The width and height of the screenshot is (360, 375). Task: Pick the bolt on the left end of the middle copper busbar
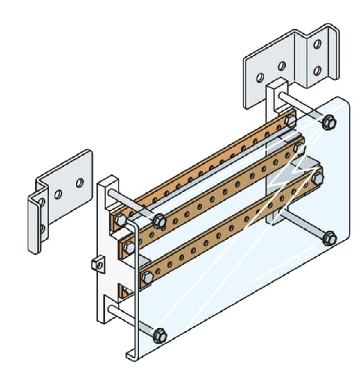click(x=129, y=247)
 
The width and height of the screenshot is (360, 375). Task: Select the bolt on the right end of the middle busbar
click(x=299, y=147)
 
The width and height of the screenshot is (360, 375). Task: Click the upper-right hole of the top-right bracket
click(x=317, y=44)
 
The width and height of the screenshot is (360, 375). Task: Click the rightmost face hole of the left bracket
click(x=80, y=183)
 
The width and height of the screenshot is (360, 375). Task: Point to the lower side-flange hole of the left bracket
click(x=42, y=230)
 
